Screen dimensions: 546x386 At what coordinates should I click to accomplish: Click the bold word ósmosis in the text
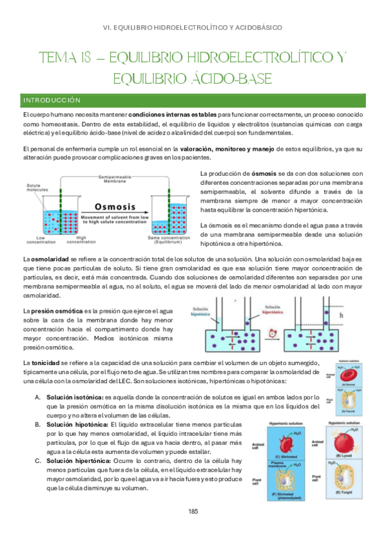click(x=264, y=173)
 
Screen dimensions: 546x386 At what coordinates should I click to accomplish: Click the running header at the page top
click(x=193, y=28)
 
